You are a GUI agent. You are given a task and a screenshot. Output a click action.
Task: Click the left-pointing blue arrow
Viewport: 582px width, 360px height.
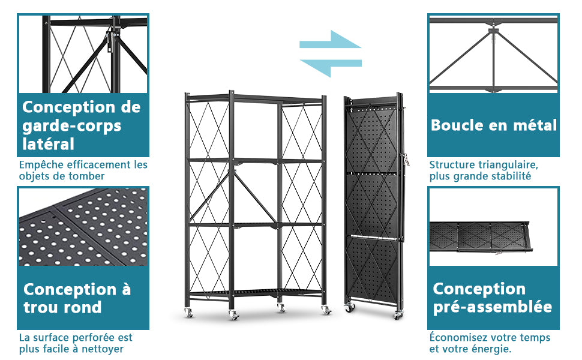click(x=331, y=66)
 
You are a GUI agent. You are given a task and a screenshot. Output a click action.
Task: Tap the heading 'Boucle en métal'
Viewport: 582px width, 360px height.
click(x=494, y=125)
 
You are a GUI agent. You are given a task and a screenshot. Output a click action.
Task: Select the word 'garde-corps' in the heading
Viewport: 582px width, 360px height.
click(x=71, y=126)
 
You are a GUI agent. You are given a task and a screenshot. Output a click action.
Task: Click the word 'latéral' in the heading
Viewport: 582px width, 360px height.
click(x=48, y=144)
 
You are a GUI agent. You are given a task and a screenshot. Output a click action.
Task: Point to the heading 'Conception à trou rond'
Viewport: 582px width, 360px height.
click(x=77, y=298)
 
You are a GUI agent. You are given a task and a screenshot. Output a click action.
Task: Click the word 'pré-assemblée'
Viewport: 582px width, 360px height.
click(x=492, y=307)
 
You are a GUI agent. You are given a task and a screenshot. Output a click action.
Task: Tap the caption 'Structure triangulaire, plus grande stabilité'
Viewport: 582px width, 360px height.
click(x=484, y=170)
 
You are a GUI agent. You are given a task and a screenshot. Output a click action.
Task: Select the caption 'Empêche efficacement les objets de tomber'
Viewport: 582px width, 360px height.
click(x=83, y=170)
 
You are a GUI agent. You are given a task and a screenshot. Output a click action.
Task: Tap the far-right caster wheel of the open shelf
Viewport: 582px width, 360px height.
click(x=326, y=310)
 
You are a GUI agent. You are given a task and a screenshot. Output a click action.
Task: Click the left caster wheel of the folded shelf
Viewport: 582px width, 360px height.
click(x=350, y=307)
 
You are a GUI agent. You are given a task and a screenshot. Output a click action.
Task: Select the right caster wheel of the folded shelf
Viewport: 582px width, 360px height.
click(x=398, y=315)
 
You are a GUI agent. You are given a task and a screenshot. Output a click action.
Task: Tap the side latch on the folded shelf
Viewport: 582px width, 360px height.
click(x=406, y=159)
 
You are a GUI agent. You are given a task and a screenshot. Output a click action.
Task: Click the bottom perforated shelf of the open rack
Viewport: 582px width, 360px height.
click(x=256, y=292)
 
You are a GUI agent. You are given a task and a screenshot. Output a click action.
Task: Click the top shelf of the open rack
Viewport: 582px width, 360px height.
click(x=256, y=99)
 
